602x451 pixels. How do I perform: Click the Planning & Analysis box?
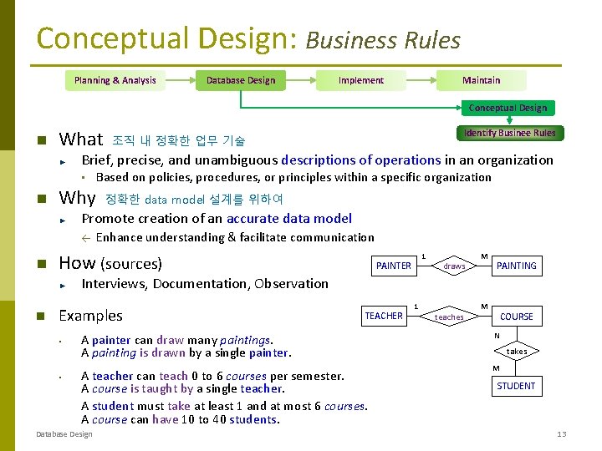(x=115, y=80)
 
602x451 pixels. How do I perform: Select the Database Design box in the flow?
(x=241, y=80)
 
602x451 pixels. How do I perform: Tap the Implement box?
(x=360, y=80)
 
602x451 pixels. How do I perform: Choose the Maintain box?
(x=482, y=80)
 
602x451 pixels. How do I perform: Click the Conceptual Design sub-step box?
(x=508, y=108)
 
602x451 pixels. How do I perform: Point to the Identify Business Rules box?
(x=509, y=133)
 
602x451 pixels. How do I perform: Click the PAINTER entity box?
(x=394, y=266)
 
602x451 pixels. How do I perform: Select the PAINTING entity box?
(x=517, y=266)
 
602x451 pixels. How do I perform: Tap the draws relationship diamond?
(x=454, y=266)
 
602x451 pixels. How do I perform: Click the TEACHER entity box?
(x=384, y=316)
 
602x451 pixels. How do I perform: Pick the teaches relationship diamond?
(x=449, y=317)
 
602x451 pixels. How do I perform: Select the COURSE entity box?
(x=517, y=317)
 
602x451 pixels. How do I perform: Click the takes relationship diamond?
(x=517, y=352)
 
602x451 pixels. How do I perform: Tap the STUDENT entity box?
(x=517, y=386)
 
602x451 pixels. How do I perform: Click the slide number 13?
(x=562, y=434)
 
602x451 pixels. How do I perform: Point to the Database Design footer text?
(x=64, y=434)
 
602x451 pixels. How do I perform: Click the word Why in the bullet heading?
(x=77, y=198)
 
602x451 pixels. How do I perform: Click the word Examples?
(x=90, y=316)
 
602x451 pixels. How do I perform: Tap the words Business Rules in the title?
(x=383, y=40)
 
